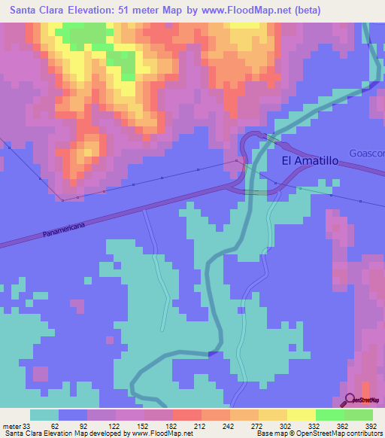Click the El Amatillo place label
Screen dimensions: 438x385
click(310, 161)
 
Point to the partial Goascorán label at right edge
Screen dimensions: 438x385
click(367, 154)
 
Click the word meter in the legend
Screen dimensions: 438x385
click(12, 425)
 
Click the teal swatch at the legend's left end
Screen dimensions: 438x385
click(44, 415)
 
